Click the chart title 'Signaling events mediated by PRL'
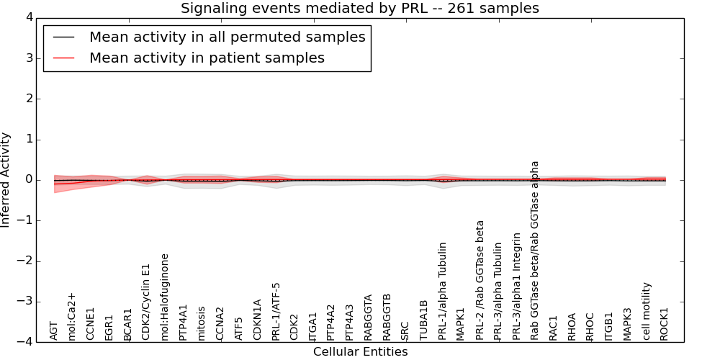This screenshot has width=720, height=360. [359, 9]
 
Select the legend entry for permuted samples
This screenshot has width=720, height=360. [227, 37]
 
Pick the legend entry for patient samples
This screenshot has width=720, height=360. [207, 58]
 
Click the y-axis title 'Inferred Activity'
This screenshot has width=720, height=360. [6, 180]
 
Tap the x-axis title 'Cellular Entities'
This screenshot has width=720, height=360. [360, 352]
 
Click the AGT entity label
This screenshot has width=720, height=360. [54, 330]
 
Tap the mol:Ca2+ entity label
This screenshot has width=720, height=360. [72, 316]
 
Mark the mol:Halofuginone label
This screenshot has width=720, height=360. [165, 296]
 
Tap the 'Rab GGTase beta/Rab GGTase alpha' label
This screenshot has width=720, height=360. [535, 250]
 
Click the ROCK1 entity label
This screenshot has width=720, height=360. [665, 324]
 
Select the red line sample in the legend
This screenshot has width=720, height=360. [63, 58]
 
